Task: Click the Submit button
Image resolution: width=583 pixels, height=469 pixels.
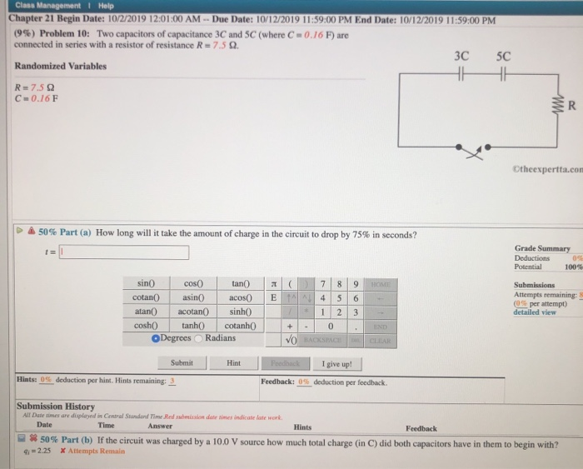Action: pos(181,363)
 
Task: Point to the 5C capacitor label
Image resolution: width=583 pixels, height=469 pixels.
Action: pos(502,57)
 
